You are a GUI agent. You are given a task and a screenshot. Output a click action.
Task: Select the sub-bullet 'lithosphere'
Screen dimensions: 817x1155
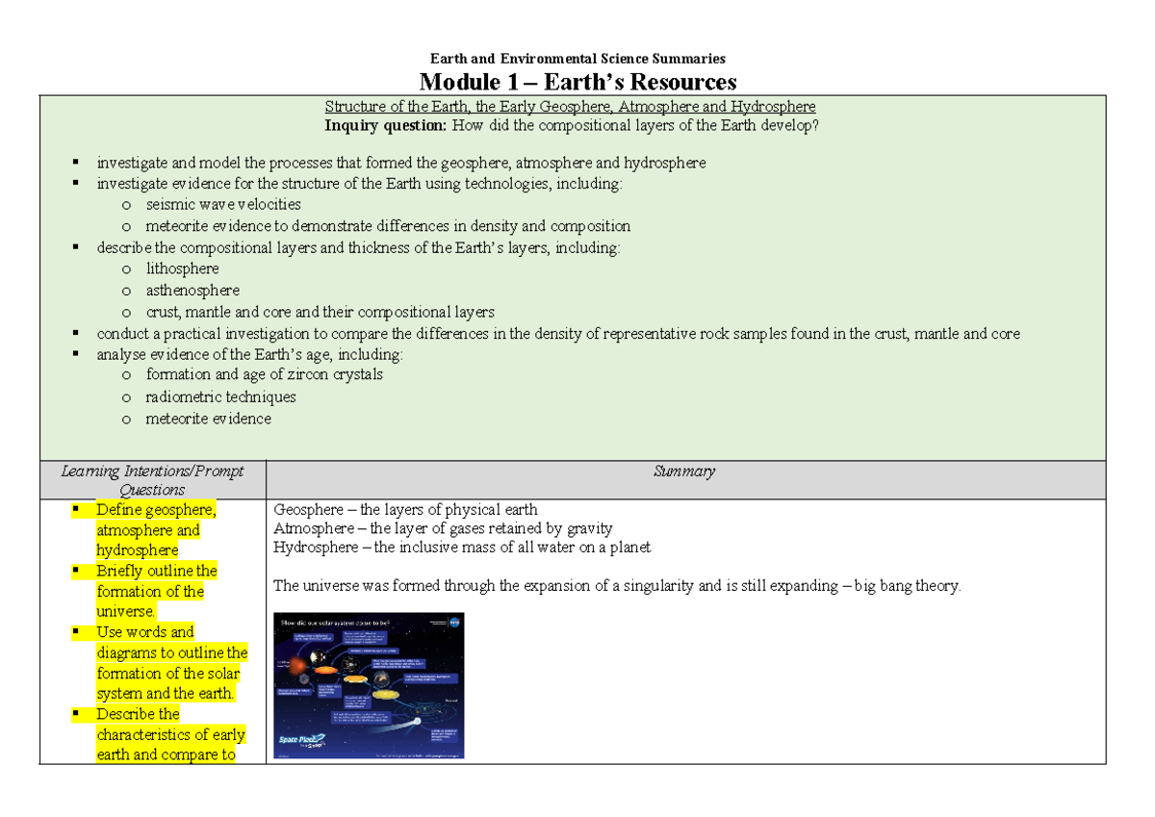pyautogui.click(x=182, y=268)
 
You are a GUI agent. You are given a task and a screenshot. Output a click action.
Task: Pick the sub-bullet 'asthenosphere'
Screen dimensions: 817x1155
pyautogui.click(x=192, y=290)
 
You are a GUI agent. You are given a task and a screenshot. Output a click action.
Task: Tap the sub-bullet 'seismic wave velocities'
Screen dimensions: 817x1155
pyautogui.click(x=222, y=204)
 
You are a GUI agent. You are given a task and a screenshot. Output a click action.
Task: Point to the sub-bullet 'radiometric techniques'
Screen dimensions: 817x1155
pyautogui.click(x=220, y=396)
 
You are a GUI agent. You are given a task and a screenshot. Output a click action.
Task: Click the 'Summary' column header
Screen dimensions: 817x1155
pyautogui.click(x=683, y=472)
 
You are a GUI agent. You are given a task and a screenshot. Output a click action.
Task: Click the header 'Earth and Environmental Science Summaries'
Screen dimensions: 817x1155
pyautogui.click(x=577, y=59)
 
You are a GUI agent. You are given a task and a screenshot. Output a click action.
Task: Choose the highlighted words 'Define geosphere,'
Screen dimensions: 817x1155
pyautogui.click(x=156, y=510)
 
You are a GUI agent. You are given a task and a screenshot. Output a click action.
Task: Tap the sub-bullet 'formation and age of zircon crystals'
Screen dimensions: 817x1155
pyautogui.click(x=264, y=374)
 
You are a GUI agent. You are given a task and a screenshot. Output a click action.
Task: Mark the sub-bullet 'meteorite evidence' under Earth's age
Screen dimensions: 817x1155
pyautogui.click(x=208, y=419)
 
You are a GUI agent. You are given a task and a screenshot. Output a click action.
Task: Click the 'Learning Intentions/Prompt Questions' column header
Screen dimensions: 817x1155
pyautogui.click(x=152, y=480)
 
